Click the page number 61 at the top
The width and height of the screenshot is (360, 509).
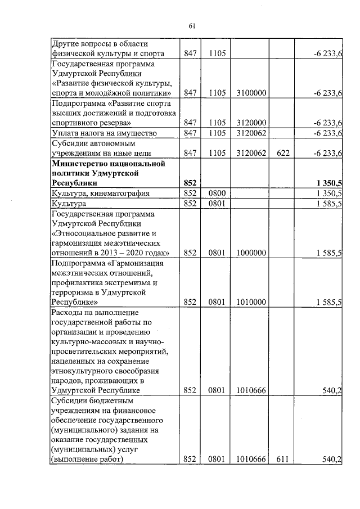[191, 26]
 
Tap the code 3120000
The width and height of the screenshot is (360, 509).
[251, 123]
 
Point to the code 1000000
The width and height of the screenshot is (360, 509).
[251, 253]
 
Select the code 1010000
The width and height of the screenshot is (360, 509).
[251, 302]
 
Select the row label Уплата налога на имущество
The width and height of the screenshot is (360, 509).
[103, 133]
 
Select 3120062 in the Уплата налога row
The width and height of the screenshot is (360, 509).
[251, 133]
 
